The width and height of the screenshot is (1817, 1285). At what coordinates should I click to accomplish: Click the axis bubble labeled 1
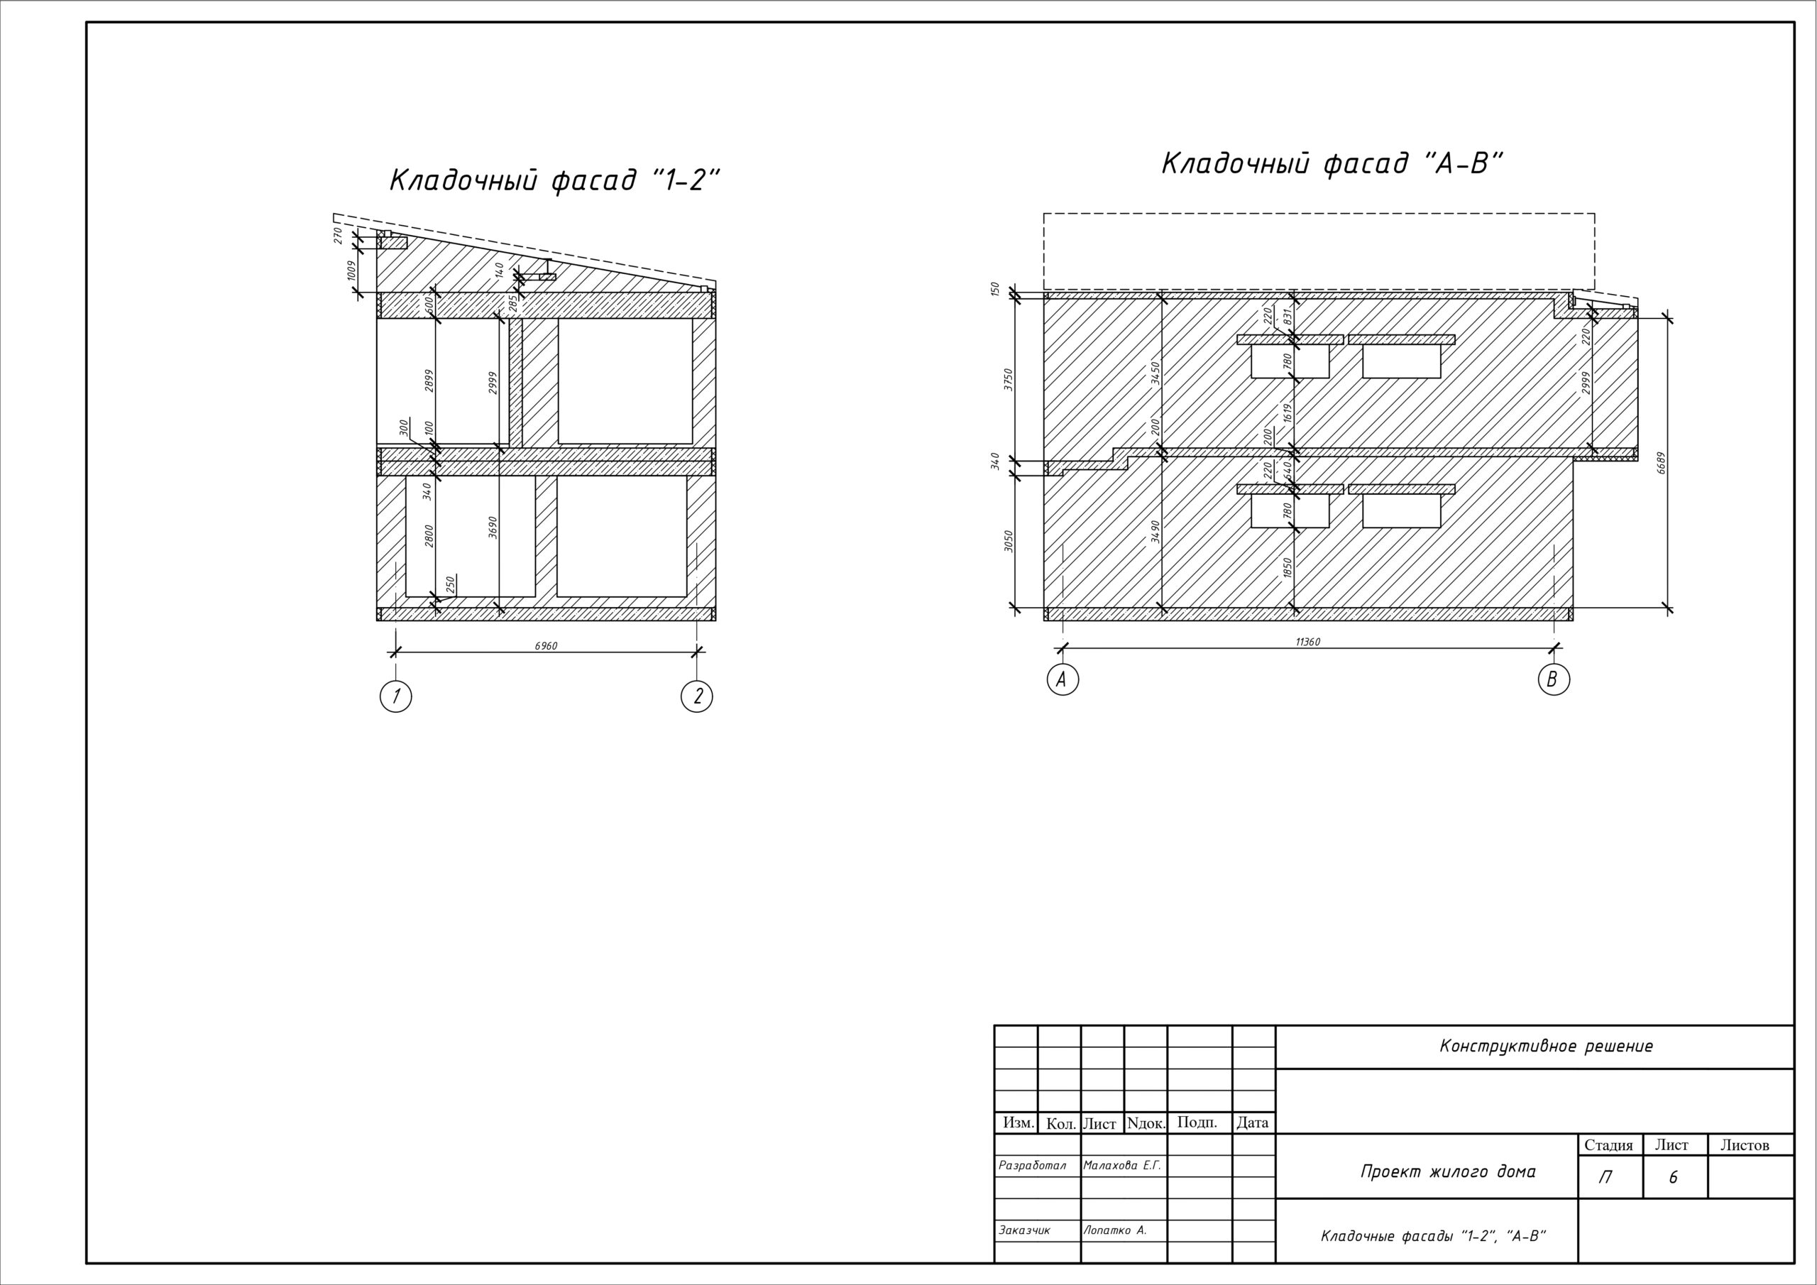395,696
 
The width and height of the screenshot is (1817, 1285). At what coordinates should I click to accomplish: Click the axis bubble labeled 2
696,696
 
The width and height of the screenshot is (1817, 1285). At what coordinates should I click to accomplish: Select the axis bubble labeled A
1062,679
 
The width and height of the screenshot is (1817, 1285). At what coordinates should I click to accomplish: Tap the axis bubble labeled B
1554,679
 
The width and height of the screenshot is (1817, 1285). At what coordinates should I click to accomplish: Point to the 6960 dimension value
546,646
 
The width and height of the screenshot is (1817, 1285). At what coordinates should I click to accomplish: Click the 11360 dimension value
1307,642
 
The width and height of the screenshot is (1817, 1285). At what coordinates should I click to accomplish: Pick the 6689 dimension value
1661,463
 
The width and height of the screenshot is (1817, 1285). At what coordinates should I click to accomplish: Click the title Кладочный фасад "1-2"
555,180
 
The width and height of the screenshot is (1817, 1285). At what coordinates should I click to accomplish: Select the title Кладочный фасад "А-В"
1332,164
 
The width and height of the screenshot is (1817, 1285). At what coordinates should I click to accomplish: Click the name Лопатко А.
1115,1230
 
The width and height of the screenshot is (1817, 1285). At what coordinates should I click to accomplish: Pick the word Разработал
1033,1166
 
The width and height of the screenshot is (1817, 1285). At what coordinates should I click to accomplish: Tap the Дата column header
1253,1122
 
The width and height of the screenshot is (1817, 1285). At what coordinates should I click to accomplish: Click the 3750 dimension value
1008,378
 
